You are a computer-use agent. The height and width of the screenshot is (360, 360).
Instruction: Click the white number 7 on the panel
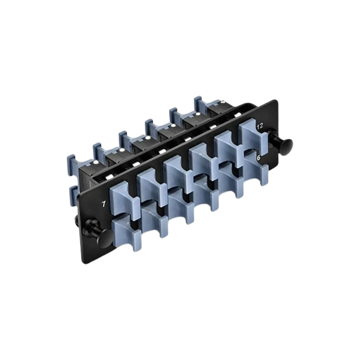pos(104,204)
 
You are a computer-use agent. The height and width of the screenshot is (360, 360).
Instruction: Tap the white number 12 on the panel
pos(260,126)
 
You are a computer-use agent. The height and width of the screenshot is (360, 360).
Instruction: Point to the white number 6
pos(258,158)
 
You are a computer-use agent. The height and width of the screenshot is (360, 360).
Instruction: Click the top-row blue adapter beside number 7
pos(124,200)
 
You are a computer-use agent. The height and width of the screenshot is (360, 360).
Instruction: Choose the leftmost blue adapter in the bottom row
pos(126,231)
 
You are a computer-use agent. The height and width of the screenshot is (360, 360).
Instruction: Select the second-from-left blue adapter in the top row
pos(151,186)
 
